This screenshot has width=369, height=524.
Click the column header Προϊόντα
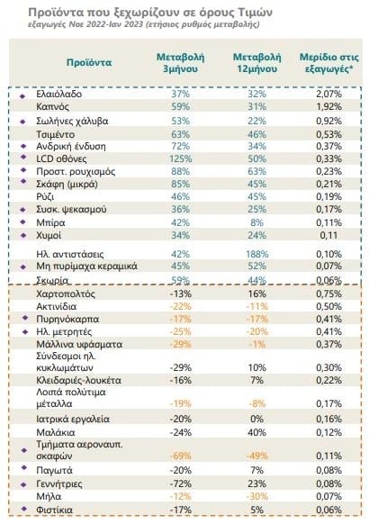89,62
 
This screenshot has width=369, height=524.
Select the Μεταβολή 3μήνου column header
180,63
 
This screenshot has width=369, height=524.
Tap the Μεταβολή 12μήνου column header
256,63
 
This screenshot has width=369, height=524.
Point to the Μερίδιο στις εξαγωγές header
328,63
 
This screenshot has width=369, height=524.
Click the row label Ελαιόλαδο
58,94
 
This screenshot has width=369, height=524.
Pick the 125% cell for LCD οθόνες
180,158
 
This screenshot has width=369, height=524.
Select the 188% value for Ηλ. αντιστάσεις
256,254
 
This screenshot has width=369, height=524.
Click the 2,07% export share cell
328,94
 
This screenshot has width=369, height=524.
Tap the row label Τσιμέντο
55,135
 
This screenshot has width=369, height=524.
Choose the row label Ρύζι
45,197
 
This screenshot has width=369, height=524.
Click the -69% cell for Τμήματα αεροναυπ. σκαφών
180,456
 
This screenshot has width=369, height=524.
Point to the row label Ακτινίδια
56,306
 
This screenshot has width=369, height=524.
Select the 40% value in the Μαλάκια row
256,432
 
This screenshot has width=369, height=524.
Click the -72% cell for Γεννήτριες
180,483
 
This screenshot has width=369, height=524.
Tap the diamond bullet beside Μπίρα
23,222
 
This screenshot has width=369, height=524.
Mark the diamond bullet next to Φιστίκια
23,509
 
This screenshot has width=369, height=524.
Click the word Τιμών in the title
256,13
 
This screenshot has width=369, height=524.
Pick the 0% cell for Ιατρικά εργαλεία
256,419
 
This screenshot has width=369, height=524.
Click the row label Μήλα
49,497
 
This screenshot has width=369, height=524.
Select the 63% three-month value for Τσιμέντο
180,135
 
